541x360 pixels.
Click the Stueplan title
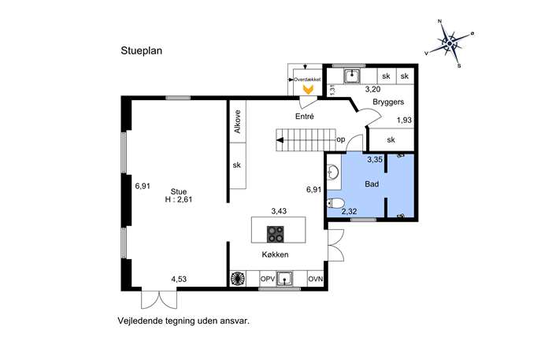pos(141,50)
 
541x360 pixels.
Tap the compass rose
pos(450,43)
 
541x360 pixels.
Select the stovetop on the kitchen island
pos(276,234)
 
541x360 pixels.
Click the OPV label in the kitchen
pos(268,279)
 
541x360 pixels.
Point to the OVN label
pos(315,279)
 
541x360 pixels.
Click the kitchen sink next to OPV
pos(284,279)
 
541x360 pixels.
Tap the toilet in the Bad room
pos(335,202)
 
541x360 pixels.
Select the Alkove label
pos(237,121)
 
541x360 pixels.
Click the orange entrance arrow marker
pos(308,90)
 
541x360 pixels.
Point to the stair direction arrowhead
pos(280,140)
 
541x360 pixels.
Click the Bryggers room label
pos(388,102)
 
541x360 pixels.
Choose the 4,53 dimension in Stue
pos(179,279)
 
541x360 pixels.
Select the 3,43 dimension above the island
pos(279,211)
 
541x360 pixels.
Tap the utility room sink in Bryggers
pos(352,76)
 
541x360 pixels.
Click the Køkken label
pos(275,254)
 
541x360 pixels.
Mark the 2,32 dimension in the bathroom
pos(349,212)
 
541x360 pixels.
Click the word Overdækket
pos(307,80)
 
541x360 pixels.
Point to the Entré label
pos(305,117)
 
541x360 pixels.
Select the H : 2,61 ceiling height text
pos(179,199)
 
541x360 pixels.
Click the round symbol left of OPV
pos(238,279)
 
